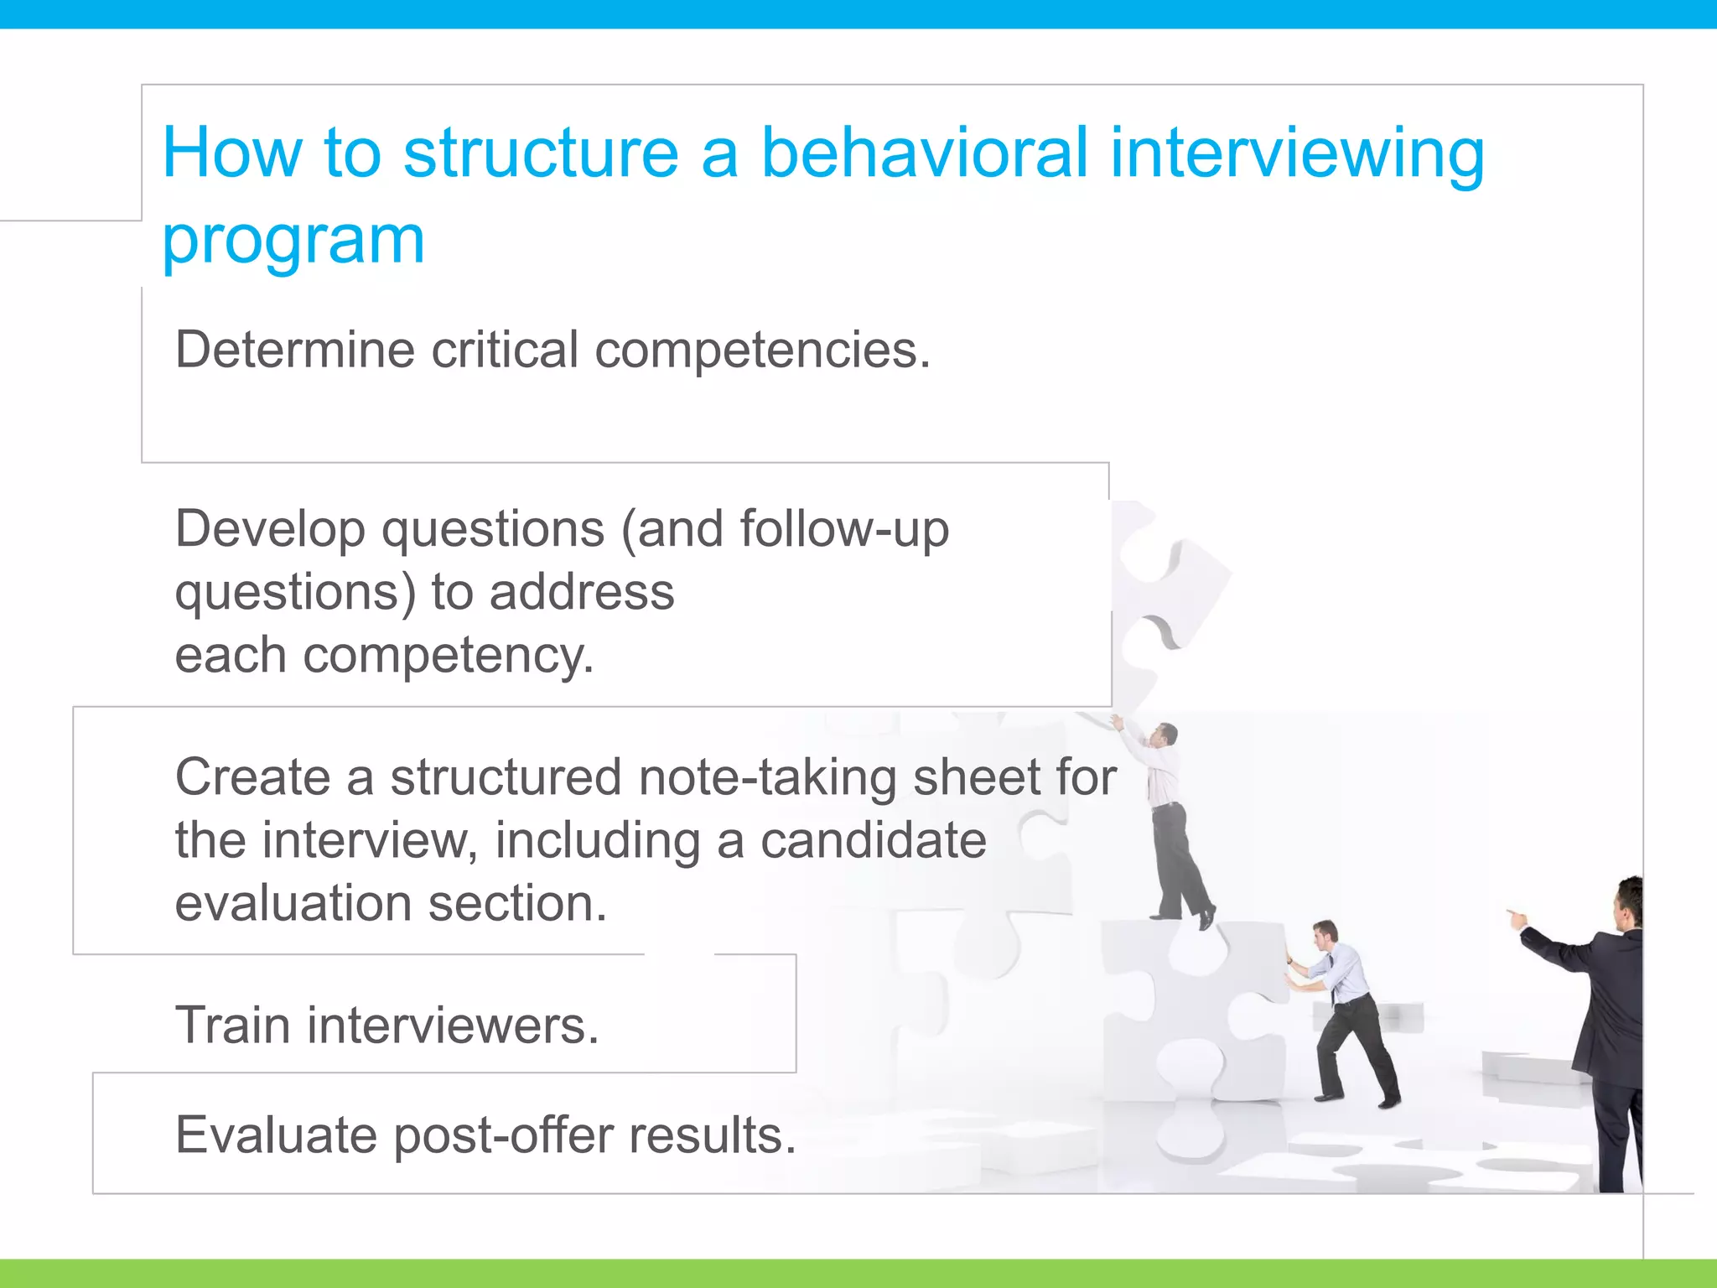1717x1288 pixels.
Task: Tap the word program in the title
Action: (x=293, y=241)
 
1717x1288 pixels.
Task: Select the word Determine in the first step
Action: (x=294, y=350)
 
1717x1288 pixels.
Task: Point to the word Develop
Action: (x=270, y=531)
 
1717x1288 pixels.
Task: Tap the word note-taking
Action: (x=768, y=778)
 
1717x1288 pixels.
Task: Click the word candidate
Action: (x=873, y=841)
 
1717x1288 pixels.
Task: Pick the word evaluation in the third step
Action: (x=293, y=904)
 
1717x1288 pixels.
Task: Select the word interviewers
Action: (x=453, y=1026)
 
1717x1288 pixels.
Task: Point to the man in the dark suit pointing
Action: (x=1605, y=1031)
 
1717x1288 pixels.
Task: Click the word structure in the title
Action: (x=541, y=153)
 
